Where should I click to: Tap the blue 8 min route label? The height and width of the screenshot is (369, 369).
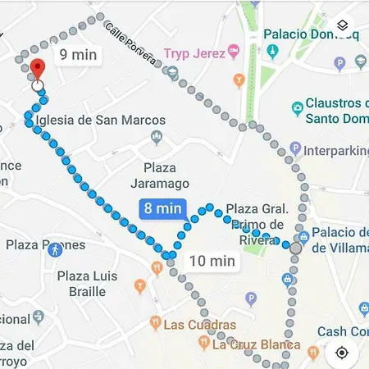pos(162,208)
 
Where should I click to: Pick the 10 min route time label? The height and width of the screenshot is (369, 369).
pos(212,262)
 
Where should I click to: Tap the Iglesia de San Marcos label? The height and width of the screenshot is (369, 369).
pos(100,120)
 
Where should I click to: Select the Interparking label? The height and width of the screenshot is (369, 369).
pos(335,151)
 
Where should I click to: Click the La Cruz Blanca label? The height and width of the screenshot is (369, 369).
pos(256,344)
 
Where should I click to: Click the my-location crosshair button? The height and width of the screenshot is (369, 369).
pos(342,352)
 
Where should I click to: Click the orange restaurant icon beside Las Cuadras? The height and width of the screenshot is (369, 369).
pos(154,323)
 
